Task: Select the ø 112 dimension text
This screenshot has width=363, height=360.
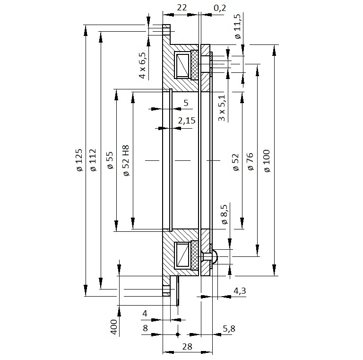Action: tap(93, 160)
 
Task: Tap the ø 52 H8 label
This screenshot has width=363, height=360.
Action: tap(126, 160)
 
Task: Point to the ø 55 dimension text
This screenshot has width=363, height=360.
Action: tap(110, 160)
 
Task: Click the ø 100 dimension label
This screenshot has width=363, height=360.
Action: tap(267, 161)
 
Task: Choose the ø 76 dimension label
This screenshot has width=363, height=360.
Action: tap(251, 161)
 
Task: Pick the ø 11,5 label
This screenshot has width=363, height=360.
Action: tap(238, 26)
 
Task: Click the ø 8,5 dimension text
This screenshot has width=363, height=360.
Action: tap(225, 214)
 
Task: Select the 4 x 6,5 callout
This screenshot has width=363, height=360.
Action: tap(142, 65)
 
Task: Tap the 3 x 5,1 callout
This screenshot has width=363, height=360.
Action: tap(222, 108)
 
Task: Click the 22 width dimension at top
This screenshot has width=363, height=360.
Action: tap(181, 8)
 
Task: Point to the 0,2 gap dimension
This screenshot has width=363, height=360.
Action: tap(220, 8)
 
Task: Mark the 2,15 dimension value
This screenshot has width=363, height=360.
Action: tap(187, 121)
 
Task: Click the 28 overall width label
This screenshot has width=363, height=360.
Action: tap(187, 347)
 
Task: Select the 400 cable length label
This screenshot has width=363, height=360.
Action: tap(113, 327)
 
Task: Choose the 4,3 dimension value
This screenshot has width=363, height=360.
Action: tap(240, 291)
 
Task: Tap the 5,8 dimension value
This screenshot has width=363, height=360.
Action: tap(229, 328)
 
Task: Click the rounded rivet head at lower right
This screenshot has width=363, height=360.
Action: tap(216, 256)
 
